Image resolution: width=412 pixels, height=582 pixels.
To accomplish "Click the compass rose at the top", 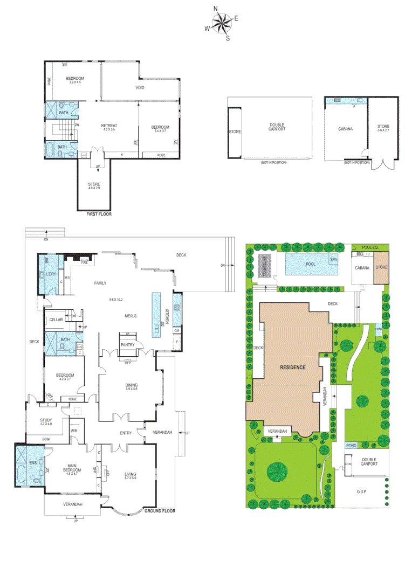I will [x=222, y=23].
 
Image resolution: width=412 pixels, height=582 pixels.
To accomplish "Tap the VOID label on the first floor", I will [x=140, y=87].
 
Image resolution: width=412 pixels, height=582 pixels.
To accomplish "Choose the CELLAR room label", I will [x=56, y=320].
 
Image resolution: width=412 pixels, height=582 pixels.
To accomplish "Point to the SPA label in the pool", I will [x=333, y=260].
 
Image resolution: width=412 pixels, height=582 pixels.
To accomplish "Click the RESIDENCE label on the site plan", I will [x=292, y=367].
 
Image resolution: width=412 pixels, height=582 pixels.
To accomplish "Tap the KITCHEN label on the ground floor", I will [x=168, y=315].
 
